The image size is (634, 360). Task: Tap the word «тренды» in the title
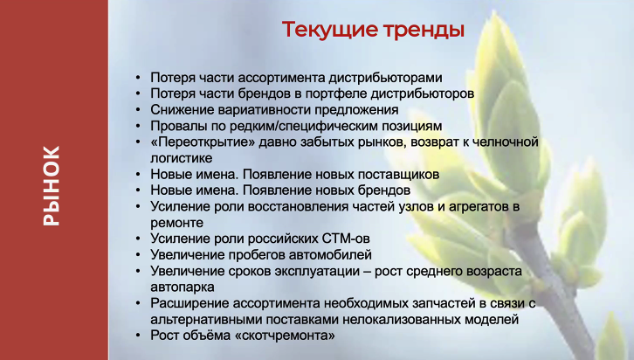click(x=424, y=30)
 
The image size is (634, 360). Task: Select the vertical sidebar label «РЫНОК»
click(x=52, y=185)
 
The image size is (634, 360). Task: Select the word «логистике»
click(x=181, y=158)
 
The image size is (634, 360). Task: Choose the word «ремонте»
click(x=176, y=223)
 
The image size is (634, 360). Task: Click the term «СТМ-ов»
click(x=346, y=239)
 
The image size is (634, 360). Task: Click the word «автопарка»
click(x=183, y=287)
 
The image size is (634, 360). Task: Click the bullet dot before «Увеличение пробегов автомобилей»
click(x=138, y=255)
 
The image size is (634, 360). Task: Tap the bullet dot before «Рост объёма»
click(x=138, y=336)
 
